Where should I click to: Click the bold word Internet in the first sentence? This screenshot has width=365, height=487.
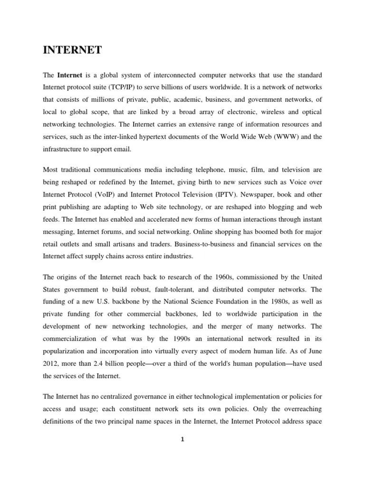(x=68, y=75)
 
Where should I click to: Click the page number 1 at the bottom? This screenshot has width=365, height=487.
(x=182, y=439)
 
